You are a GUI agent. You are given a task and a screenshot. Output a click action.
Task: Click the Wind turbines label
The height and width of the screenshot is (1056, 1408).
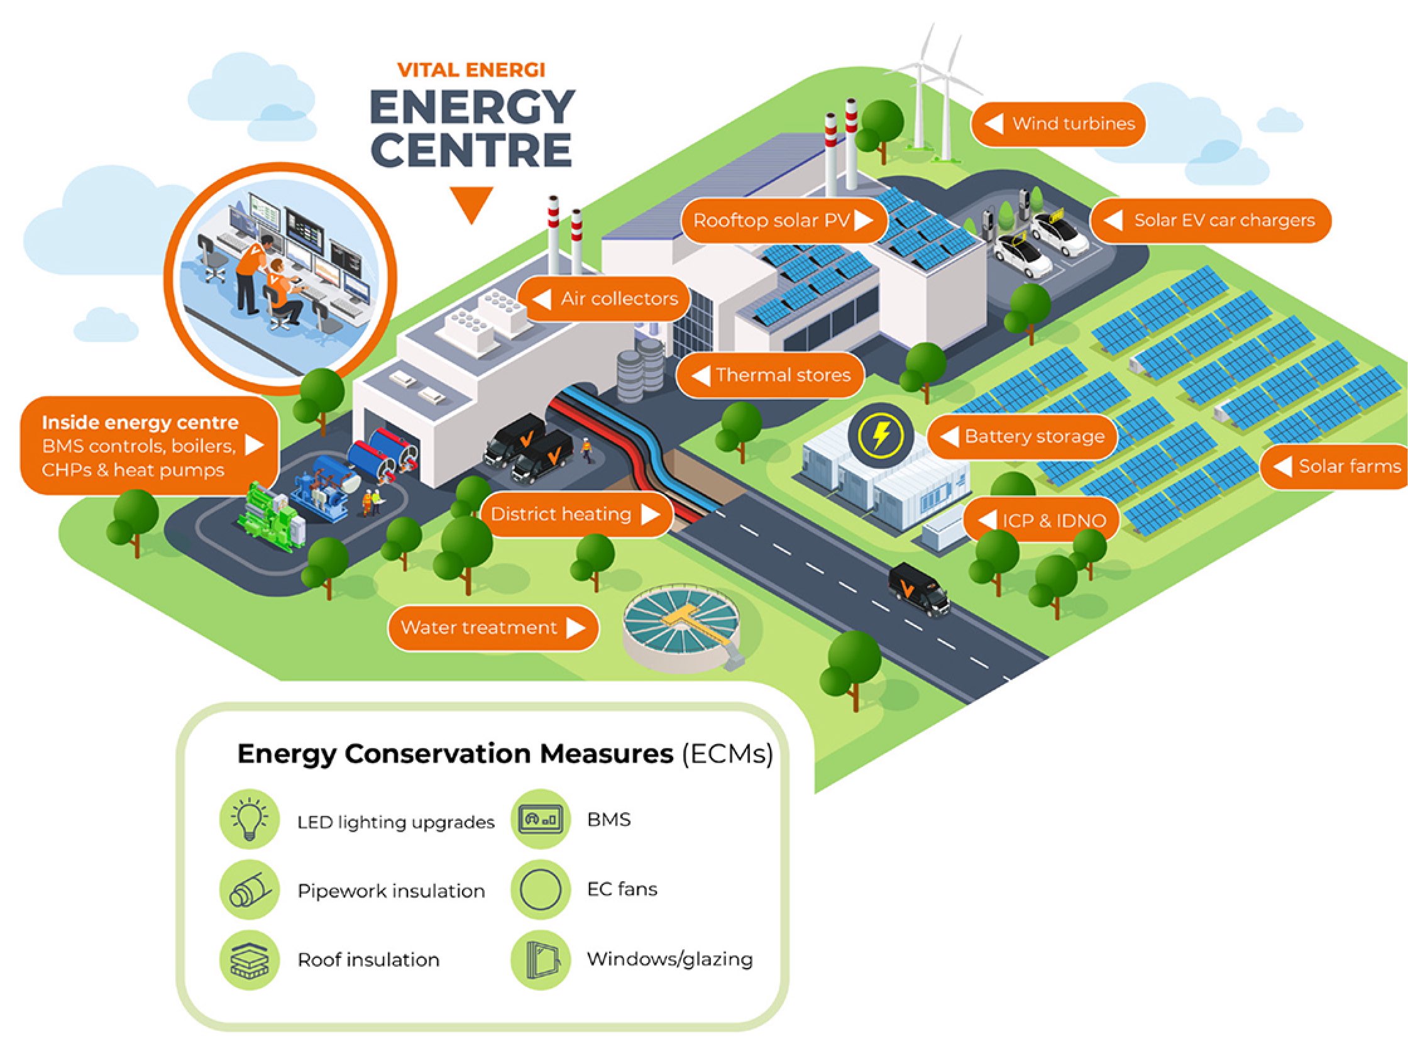[x=1058, y=123]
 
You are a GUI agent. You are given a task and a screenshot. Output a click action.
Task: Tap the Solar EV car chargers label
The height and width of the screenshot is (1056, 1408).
[x=1210, y=220]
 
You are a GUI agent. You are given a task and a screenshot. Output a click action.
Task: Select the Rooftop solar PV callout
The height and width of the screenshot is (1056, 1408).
[x=784, y=220]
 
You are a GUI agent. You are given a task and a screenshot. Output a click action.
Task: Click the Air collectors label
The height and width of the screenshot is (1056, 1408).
[x=604, y=299]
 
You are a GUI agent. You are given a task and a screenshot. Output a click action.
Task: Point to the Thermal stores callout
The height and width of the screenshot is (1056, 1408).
[x=770, y=375]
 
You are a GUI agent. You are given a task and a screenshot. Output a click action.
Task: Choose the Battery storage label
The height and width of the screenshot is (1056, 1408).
[x=1022, y=437]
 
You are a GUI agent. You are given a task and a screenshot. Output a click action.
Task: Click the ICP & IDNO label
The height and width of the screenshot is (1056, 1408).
[x=1042, y=520]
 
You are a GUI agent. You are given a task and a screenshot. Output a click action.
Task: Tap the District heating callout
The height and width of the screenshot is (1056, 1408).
[x=575, y=514]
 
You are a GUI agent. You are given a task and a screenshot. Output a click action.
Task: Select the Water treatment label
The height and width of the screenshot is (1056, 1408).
[x=493, y=627]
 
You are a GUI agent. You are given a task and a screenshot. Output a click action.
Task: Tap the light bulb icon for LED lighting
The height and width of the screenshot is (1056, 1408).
[x=250, y=819]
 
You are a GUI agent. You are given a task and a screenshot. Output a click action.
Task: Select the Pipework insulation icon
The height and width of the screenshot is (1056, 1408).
[x=250, y=889]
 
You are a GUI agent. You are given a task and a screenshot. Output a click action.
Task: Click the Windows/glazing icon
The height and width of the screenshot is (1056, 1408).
[x=541, y=960]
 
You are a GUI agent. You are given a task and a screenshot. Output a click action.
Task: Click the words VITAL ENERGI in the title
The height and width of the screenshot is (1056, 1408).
[x=471, y=69]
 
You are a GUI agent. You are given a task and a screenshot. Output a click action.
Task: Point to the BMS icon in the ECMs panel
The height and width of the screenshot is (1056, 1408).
[x=541, y=819]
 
